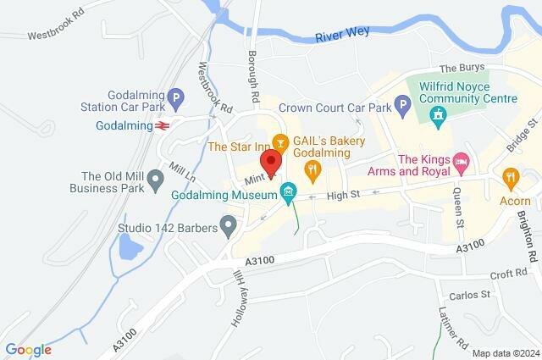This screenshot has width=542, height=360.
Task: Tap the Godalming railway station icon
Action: [160, 125]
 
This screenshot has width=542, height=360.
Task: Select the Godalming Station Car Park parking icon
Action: [175, 97]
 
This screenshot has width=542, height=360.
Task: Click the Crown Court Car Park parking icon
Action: [404, 108]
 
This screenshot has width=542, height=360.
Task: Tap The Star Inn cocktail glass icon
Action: [282, 140]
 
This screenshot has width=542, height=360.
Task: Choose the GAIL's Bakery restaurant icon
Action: [312, 170]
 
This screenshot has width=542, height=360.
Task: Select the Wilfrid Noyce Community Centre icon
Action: [438, 120]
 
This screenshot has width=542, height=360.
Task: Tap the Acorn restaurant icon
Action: [510, 177]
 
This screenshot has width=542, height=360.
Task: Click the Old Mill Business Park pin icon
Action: [155, 180]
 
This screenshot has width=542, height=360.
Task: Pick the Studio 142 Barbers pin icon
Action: [227, 225]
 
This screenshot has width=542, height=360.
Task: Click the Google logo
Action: [28, 350]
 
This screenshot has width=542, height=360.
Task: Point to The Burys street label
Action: [460, 69]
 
